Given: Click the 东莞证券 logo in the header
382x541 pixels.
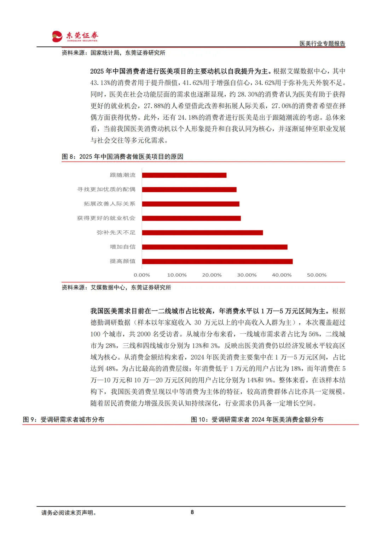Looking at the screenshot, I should coord(75,36).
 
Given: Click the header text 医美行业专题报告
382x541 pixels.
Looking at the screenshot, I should coord(322,44).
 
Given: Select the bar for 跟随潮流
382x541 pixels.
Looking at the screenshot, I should coord(184,175).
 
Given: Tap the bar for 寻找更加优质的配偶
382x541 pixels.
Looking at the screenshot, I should coord(189,190).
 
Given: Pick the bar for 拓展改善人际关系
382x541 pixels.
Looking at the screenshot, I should coord(191,204).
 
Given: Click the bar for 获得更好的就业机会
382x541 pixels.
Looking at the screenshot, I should coord(191,218).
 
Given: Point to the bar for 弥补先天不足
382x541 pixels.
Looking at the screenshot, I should coord(202,233).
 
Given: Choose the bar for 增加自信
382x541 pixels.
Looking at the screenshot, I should coord(215,247).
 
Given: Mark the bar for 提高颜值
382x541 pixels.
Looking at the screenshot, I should coord(217,261).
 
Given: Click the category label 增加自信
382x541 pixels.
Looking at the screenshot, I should coord(122,247).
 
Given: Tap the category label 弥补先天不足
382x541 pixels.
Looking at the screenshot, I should coord(116,233).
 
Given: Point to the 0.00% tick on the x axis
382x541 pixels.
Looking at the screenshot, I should coord(142,275).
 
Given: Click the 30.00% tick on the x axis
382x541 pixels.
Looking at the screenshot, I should coord(247,275).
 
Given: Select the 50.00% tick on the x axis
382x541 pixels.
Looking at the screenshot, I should coord(317,275).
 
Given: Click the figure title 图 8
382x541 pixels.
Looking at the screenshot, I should coord(122,157).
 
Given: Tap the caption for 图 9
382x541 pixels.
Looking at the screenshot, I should coord(64,419).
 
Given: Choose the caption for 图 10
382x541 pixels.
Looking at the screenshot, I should coord(257,419).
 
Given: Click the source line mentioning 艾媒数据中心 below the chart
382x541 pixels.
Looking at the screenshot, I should coord(116,288).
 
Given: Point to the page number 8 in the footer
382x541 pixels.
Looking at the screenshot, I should coord(192,512).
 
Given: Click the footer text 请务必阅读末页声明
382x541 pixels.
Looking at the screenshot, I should coord(69,513).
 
